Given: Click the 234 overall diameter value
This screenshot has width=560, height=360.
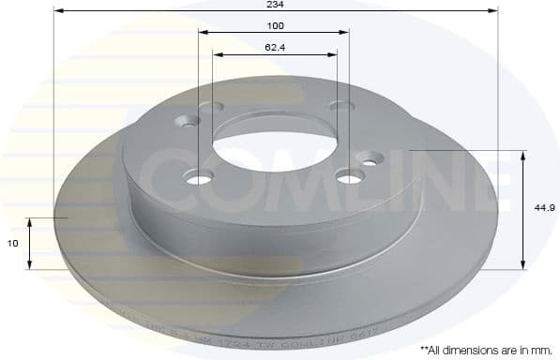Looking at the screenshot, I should (x=275, y=5).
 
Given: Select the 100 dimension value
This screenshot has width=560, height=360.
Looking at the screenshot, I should (x=275, y=24).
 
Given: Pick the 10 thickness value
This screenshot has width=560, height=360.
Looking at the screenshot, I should (x=14, y=243).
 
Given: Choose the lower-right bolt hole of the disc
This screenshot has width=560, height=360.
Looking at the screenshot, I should (x=350, y=174).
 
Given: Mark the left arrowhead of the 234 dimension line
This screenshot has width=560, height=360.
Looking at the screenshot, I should (x=58, y=11).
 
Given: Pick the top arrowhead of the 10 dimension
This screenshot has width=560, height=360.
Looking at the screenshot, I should (x=29, y=222).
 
